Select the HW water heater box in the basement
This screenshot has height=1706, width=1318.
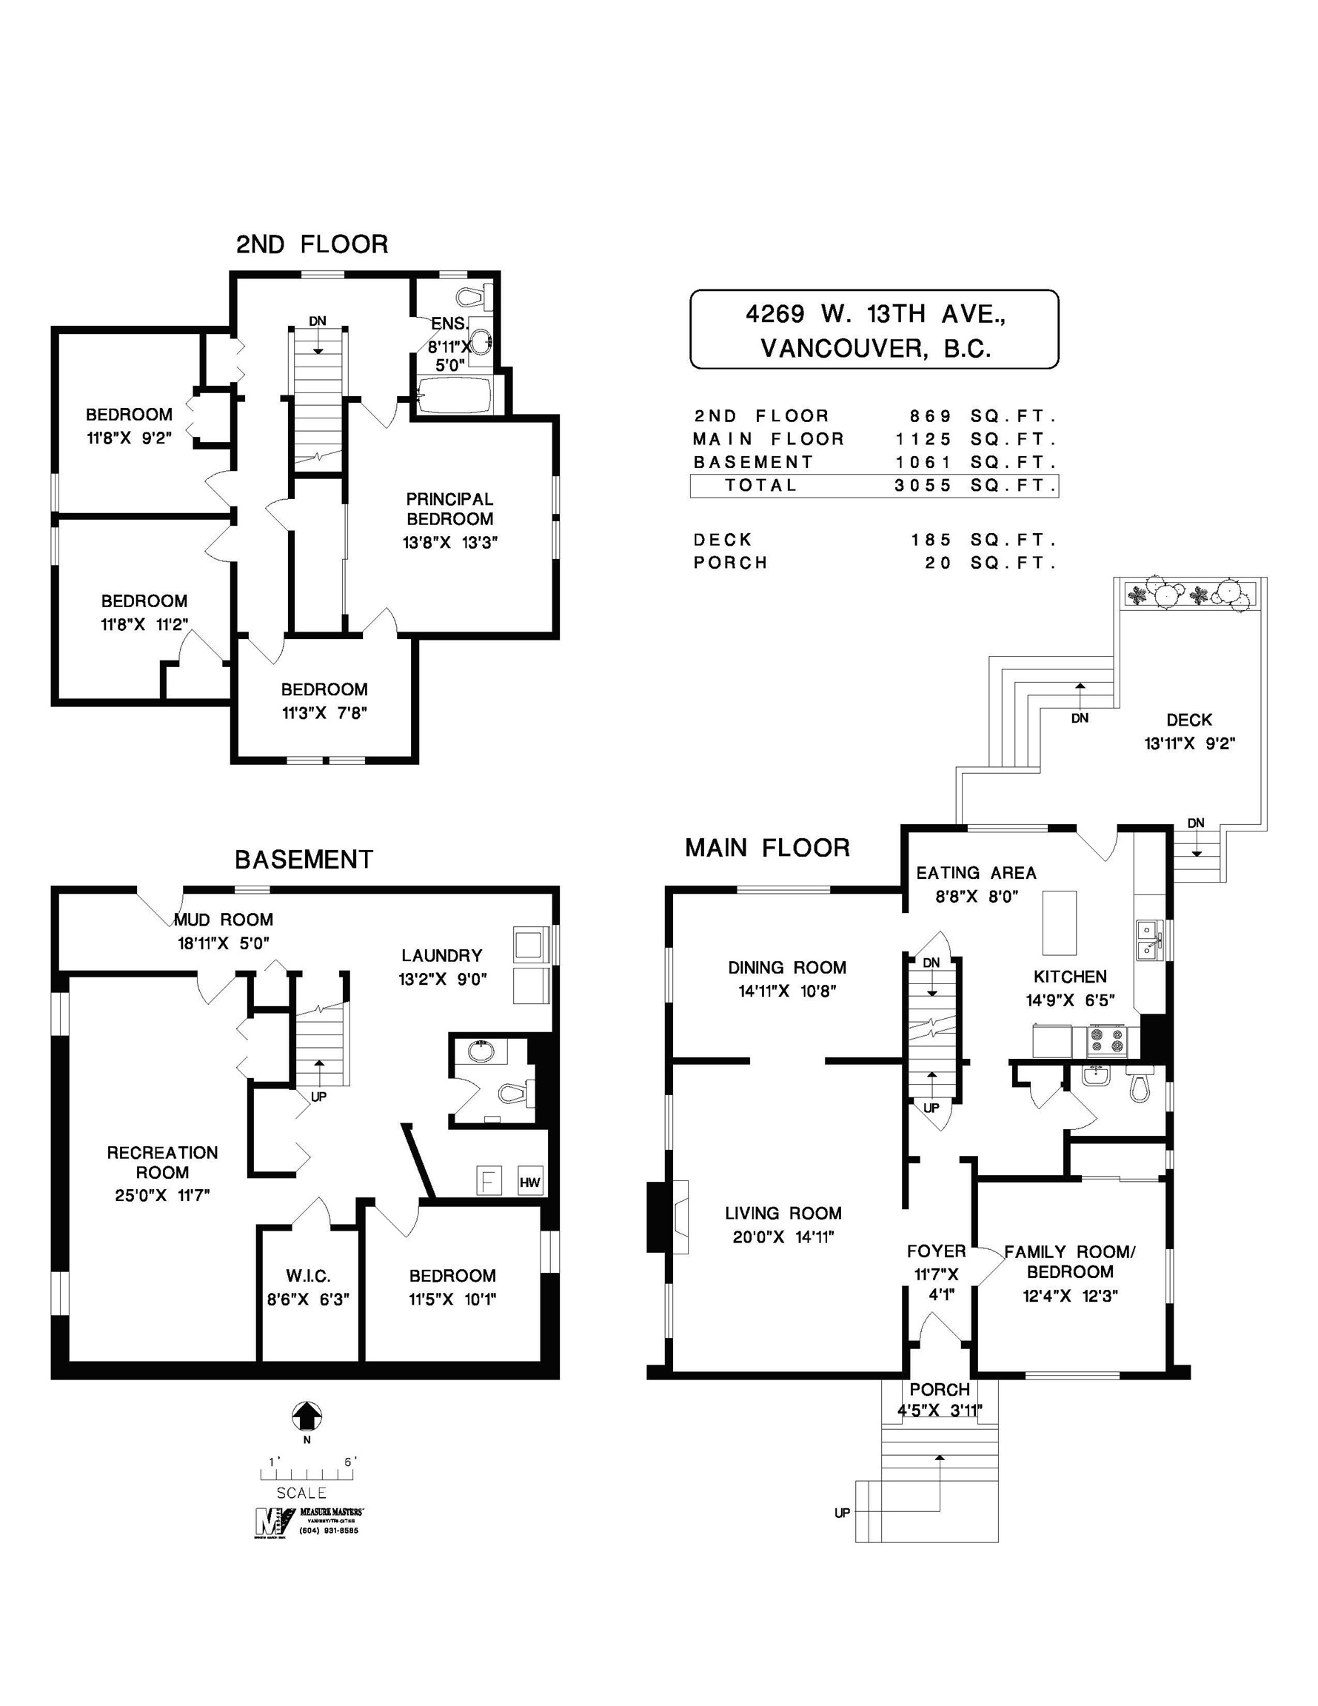point(529,1183)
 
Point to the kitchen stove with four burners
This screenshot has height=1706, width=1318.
point(1108,1041)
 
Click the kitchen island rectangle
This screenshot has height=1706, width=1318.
point(1060,923)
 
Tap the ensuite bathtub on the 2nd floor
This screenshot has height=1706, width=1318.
point(454,395)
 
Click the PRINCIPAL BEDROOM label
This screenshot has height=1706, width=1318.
point(450,509)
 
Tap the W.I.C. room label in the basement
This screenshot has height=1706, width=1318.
point(308,1276)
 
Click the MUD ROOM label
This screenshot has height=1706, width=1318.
point(224,920)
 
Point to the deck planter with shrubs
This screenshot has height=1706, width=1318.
point(1191,596)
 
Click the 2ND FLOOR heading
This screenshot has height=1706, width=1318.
point(312,244)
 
